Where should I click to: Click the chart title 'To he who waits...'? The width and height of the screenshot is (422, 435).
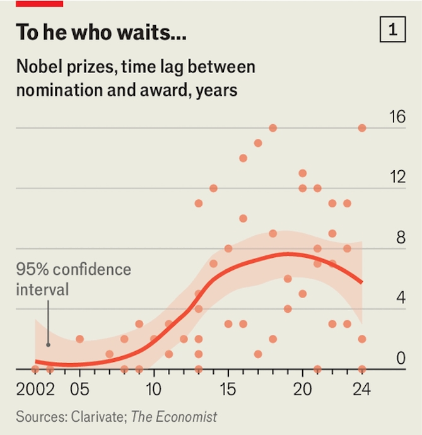[101, 32]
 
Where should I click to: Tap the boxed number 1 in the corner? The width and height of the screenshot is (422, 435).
[392, 30]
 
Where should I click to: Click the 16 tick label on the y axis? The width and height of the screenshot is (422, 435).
[397, 117]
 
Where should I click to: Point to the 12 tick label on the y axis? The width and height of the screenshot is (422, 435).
[397, 177]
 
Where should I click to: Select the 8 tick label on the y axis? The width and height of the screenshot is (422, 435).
[400, 238]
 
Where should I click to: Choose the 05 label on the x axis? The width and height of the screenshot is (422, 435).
[79, 388]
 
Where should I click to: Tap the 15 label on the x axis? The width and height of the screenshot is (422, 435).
[228, 388]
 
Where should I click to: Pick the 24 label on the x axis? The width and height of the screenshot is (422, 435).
[361, 388]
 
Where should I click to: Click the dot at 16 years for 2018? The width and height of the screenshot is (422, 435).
[273, 128]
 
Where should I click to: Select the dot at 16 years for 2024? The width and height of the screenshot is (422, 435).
[362, 128]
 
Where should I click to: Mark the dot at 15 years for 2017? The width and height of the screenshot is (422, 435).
[258, 143]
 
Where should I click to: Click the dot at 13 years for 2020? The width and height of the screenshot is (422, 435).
[303, 173]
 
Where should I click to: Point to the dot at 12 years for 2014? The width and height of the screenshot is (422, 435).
[213, 188]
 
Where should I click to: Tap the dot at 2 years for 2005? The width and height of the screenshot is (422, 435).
[79, 339]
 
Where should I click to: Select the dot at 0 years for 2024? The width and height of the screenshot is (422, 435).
[362, 369]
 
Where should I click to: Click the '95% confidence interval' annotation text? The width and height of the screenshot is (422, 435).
[73, 279]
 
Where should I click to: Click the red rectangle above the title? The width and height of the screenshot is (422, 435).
[39, 3]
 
